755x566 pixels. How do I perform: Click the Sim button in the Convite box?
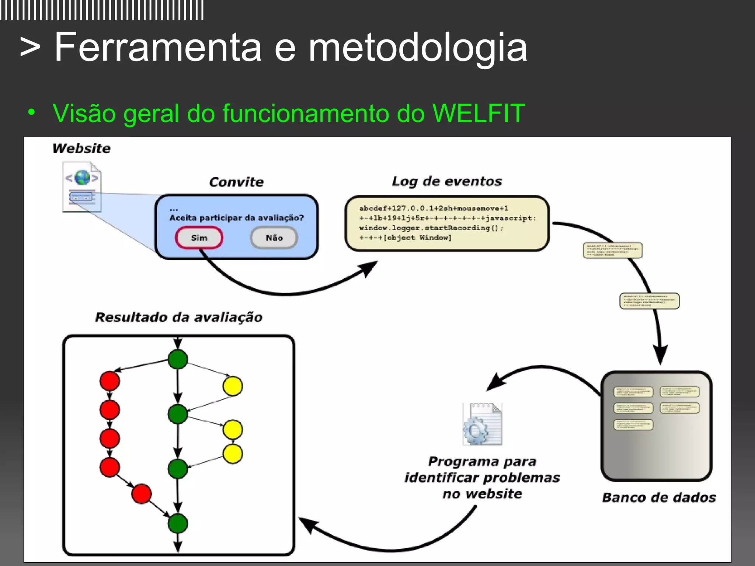199,238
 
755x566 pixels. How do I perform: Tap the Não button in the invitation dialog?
274,238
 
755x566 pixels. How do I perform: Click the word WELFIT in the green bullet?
479,113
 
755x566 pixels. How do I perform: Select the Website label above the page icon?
81,149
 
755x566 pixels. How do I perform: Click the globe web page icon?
82,187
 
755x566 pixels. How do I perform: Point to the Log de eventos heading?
447,181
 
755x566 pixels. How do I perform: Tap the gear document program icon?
482,424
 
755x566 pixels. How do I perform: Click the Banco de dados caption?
659,497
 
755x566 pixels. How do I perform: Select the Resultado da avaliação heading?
179,317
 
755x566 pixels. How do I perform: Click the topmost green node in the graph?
178,359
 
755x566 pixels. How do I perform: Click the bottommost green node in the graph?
178,523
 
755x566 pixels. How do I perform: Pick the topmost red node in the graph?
109,381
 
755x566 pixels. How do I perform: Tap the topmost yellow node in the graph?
233,386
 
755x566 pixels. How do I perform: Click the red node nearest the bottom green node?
142,494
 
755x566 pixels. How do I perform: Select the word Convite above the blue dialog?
236,182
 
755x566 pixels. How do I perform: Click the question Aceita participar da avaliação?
236,218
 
